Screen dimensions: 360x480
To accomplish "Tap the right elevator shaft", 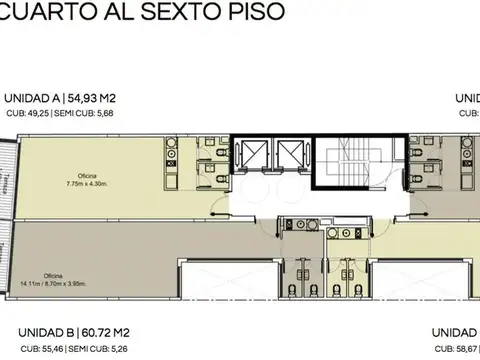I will point(291,157).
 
